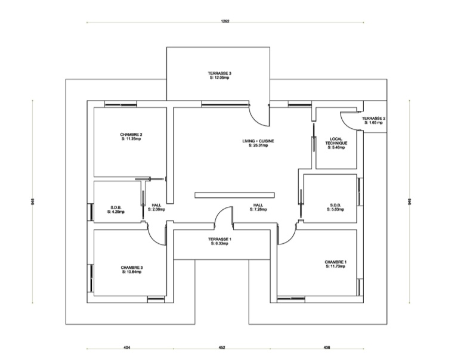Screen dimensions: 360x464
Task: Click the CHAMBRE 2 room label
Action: pos(131,135)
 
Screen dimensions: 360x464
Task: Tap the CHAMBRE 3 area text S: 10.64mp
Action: pos(131,272)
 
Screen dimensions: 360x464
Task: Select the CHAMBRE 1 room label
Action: pos(335,262)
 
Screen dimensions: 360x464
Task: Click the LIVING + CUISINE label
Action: pos(257,141)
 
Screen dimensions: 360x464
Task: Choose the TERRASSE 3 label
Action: pos(219,73)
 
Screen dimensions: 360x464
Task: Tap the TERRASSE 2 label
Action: pos(373,119)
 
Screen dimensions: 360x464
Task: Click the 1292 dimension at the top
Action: pos(225,21)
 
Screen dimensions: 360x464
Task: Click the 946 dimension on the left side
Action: pos(32,202)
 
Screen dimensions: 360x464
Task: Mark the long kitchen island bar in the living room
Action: pos(234,194)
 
